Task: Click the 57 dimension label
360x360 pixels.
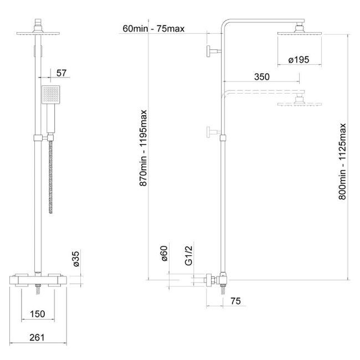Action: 61,73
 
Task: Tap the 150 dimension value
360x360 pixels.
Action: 38,314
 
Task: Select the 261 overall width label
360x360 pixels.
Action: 37,337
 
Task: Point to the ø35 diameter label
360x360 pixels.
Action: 76,259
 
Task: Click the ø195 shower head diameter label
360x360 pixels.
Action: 299,60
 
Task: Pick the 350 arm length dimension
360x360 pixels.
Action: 262,76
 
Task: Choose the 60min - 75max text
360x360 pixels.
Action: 153,29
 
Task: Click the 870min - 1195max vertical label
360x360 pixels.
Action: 143,148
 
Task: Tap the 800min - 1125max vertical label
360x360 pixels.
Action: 342,161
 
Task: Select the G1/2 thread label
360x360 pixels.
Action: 189,255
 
